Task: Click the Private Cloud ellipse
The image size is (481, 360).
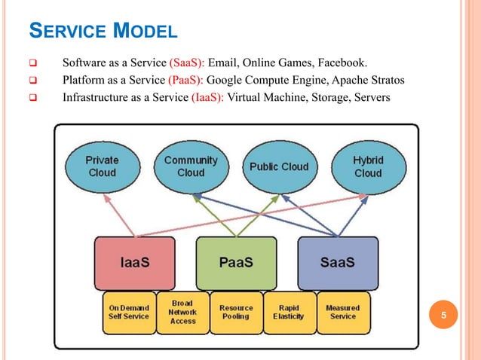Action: (x=102, y=166)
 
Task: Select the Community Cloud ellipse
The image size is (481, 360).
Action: (x=191, y=166)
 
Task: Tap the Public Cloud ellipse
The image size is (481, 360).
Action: (x=279, y=166)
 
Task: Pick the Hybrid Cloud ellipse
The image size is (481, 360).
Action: (x=368, y=166)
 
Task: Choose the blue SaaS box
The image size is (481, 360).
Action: (x=337, y=264)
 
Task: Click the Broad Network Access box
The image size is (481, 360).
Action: (x=183, y=312)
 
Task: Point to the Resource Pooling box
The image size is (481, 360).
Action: (x=236, y=313)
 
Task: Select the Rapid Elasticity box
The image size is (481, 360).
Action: (x=289, y=313)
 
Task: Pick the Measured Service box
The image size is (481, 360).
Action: (x=342, y=313)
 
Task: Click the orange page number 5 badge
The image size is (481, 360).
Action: (x=444, y=316)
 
